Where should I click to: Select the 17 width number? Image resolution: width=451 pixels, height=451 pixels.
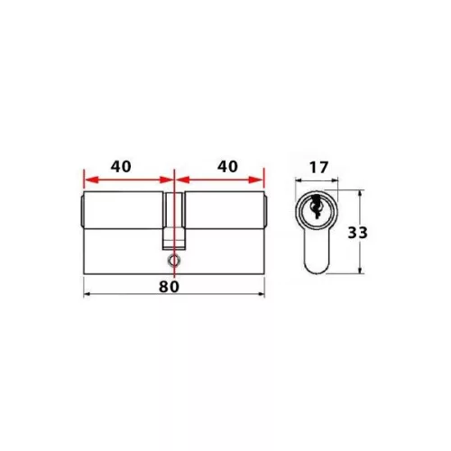click(318, 167)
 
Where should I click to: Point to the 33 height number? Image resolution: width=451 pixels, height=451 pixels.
click(358, 232)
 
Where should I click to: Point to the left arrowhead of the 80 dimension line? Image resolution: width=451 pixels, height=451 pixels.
click(86, 295)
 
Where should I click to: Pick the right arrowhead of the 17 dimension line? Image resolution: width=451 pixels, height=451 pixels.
click(336, 179)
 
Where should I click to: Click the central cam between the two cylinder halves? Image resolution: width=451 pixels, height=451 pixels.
click(173, 221)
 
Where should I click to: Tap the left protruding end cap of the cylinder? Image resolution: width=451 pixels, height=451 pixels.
click(78, 209)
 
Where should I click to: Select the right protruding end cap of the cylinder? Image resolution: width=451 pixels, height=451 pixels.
click(268, 209)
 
